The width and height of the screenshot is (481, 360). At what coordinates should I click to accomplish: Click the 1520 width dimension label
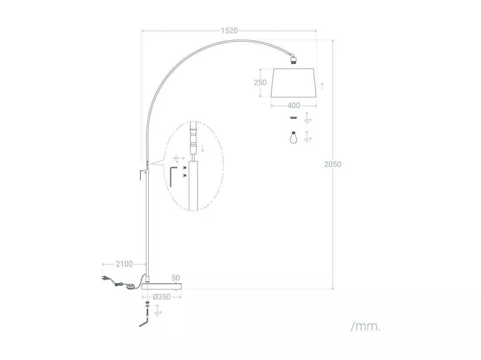(229, 31)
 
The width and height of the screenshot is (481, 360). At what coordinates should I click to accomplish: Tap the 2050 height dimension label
(332, 164)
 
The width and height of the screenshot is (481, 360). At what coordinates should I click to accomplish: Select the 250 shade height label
(260, 83)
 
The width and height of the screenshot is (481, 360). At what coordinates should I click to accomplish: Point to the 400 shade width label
(293, 105)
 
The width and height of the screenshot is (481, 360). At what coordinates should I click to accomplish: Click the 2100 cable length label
(124, 264)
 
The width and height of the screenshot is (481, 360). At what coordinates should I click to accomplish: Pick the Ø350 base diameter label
(161, 297)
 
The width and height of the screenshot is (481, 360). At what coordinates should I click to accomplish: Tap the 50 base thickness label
(175, 278)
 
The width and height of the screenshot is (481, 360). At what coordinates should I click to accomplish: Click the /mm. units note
(366, 327)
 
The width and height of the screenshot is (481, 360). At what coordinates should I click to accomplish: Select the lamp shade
(293, 83)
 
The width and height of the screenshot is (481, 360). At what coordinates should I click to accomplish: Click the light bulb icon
(293, 137)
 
